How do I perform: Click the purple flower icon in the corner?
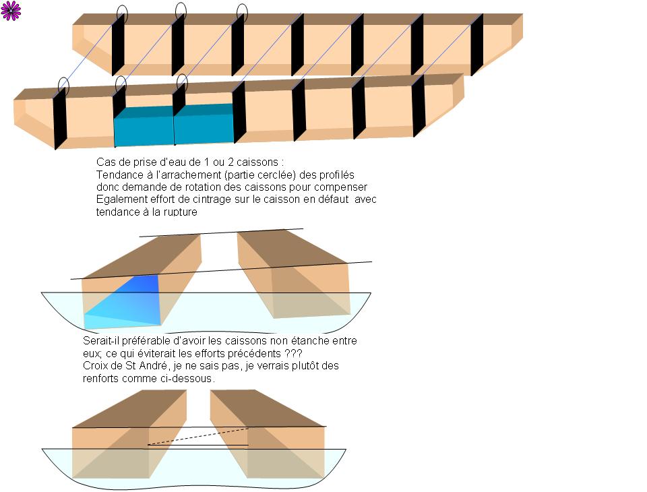(11, 11)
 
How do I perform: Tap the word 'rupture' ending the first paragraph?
(179, 212)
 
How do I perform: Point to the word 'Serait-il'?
(102, 340)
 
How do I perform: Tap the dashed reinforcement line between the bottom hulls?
(198, 435)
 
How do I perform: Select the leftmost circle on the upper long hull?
(121, 13)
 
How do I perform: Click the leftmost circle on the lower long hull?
(63, 86)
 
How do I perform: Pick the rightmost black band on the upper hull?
(476, 44)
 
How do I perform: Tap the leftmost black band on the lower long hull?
(60, 118)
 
